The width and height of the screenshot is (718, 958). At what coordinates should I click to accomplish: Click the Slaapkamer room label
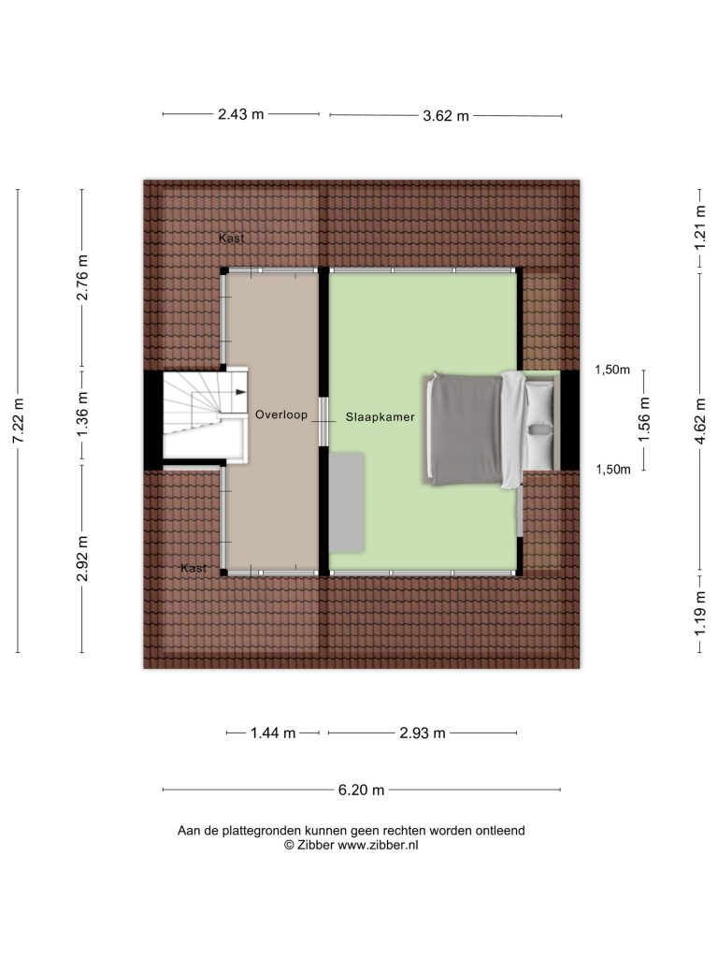(380, 417)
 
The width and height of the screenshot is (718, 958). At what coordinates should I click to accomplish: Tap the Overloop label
(281, 414)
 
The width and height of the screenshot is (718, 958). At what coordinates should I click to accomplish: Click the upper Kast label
(232, 239)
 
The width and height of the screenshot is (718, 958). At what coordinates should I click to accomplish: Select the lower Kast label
(194, 568)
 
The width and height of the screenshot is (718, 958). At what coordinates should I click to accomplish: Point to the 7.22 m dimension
(19, 421)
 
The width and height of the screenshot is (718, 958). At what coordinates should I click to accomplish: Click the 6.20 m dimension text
(362, 790)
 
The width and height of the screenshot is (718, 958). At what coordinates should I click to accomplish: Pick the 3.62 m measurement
(446, 115)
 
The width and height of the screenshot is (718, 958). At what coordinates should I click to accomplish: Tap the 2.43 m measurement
(241, 114)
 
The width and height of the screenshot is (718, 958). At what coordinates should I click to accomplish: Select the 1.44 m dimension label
(273, 733)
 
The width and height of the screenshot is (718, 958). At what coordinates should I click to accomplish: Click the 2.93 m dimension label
(423, 733)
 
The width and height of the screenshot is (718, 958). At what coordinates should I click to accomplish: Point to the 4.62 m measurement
(700, 422)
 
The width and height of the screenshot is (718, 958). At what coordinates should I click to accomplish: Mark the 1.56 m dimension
(644, 419)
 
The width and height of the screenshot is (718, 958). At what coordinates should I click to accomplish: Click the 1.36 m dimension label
(82, 414)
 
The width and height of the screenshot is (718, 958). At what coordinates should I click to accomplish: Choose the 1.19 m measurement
(700, 614)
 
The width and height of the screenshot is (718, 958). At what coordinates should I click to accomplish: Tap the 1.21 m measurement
(700, 227)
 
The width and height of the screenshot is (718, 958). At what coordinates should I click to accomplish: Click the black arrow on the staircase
(241, 392)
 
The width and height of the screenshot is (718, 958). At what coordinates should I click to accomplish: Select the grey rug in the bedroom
(348, 502)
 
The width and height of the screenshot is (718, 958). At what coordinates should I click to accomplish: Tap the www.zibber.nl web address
(378, 845)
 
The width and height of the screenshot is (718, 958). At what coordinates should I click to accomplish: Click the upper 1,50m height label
(612, 370)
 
